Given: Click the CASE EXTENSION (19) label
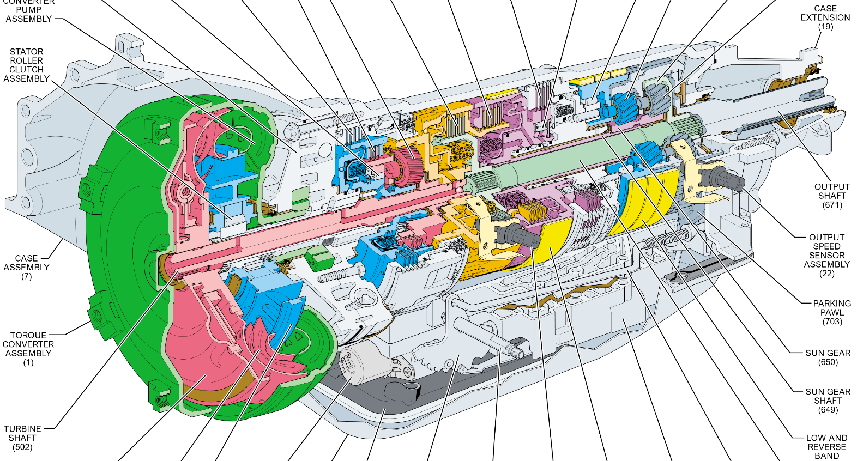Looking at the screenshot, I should [x=825, y=17].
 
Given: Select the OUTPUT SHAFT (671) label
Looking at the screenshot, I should [x=832, y=196].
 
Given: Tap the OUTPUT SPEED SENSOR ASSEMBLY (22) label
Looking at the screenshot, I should [x=826, y=255].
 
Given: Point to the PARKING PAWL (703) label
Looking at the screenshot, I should [x=832, y=312].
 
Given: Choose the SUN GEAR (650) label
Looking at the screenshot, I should [x=828, y=357].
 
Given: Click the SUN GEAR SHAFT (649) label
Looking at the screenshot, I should [x=828, y=401].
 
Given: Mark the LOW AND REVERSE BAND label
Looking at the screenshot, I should [x=826, y=447].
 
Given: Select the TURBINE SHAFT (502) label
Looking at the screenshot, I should [x=22, y=438].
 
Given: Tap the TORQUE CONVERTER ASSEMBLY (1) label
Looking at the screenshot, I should [x=28, y=349].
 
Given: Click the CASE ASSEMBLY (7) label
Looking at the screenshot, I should [x=26, y=267].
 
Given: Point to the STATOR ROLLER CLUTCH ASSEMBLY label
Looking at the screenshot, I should [x=26, y=65].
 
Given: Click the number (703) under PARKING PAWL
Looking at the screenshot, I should [x=832, y=322].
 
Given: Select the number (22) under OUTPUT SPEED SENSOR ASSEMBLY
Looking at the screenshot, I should [x=826, y=274].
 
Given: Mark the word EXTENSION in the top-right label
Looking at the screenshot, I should [x=825, y=17].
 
